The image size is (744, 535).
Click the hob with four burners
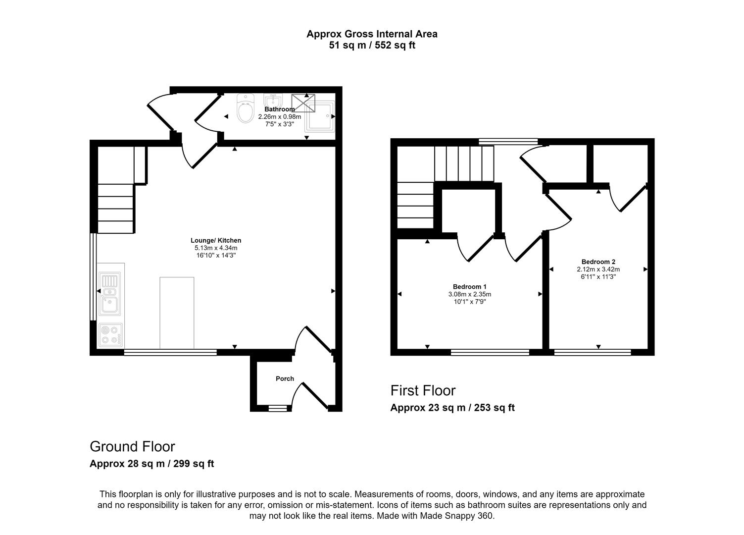pos(110,335)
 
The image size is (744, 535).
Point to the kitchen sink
pos(109,294)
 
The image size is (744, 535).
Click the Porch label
pos(285,378)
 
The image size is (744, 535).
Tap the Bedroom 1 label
pos(469,286)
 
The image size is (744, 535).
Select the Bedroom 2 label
pos(598,262)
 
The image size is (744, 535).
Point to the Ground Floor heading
pos(132,446)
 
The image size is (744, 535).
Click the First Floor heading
pos(423,390)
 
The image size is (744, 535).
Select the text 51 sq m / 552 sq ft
pos(372,46)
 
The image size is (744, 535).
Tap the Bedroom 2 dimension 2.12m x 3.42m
pos(598,269)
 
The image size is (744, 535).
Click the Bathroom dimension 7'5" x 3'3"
pos(280,124)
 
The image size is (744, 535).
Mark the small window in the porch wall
pos(278,409)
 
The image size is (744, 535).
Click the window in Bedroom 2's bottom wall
pos(593,352)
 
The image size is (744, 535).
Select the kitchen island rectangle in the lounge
pos(177,313)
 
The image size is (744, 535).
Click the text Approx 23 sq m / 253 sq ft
pos(452,408)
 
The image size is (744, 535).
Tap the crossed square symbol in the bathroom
pos(303,103)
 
